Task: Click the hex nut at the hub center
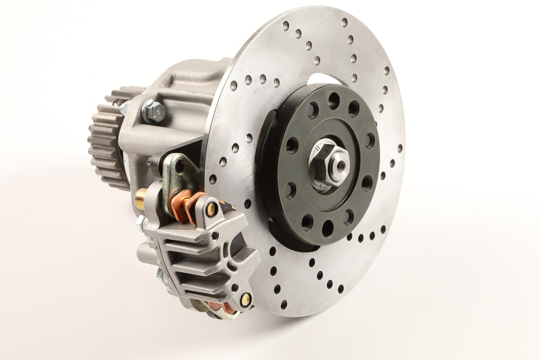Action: click(323, 157)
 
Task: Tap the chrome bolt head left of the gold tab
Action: click(153, 162)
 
